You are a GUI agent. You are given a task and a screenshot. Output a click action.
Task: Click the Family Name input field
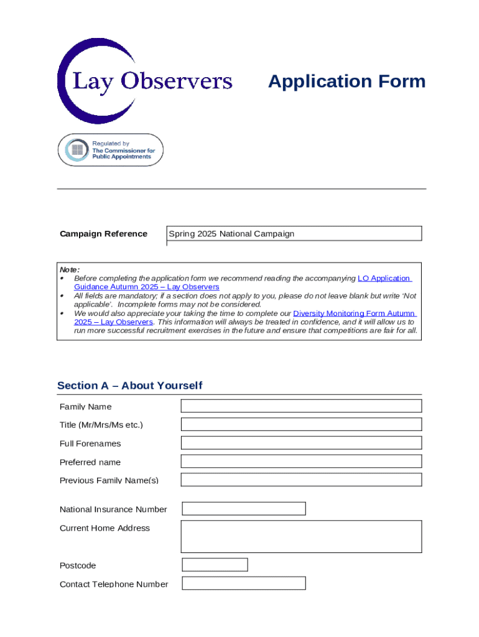[x=301, y=406]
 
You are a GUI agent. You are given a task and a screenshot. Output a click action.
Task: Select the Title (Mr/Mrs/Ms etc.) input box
[x=301, y=424]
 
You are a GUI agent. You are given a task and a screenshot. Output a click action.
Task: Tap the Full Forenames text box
[x=301, y=443]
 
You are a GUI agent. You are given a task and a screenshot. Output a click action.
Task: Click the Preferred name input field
[x=301, y=462]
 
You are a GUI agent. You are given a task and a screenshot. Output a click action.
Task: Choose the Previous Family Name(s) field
[x=301, y=480]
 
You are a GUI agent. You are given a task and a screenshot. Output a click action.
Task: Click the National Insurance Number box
[x=243, y=509]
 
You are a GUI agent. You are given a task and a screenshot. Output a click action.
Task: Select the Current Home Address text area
[x=301, y=536]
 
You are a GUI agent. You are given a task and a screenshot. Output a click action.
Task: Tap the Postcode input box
[x=215, y=565]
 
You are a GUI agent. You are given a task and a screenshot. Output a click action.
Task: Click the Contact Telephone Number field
[x=243, y=584]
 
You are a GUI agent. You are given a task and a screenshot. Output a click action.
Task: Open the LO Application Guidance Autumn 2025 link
[x=384, y=279]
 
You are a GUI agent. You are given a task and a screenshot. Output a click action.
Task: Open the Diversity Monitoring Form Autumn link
[x=354, y=314]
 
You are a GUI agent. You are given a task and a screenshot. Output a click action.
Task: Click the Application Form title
[x=346, y=81]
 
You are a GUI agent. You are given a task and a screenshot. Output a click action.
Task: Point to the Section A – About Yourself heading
[x=129, y=386]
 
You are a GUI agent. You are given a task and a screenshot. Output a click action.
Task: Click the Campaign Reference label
[x=103, y=234]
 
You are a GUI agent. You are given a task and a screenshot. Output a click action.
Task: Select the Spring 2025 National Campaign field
[x=294, y=234]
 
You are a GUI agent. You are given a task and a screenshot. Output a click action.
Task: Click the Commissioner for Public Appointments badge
[x=111, y=150]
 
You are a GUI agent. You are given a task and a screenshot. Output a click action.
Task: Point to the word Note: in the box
[x=69, y=269]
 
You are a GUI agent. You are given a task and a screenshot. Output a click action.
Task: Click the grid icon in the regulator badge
[x=77, y=150]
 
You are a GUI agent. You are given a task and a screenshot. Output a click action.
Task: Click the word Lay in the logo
[x=91, y=81]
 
